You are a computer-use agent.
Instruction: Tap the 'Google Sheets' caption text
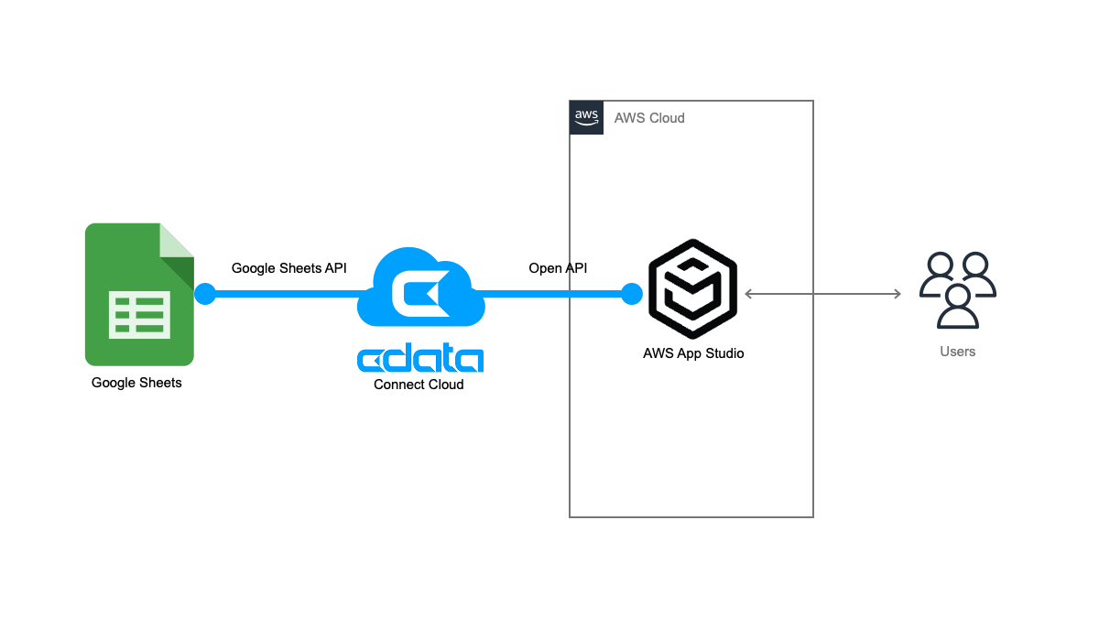point(136,383)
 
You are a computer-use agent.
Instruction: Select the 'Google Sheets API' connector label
point(288,268)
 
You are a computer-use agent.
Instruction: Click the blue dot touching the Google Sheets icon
point(204,294)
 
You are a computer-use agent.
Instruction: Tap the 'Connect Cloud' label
point(419,385)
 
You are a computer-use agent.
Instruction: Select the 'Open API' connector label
point(558,268)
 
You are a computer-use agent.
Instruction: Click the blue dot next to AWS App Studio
point(631,294)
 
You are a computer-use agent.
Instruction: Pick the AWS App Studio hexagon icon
point(692,289)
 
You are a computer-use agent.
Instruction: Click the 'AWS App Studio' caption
point(693,353)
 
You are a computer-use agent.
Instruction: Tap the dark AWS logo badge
point(586,117)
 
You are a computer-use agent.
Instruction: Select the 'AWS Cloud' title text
point(649,118)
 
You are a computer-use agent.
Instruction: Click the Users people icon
point(957,290)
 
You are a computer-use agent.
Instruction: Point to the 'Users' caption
point(957,352)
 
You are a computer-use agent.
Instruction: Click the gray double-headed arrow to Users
point(822,294)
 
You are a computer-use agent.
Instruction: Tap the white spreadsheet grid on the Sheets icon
point(139,314)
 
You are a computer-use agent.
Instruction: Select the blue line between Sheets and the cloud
point(284,294)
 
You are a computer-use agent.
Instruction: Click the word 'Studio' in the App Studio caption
point(724,353)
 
